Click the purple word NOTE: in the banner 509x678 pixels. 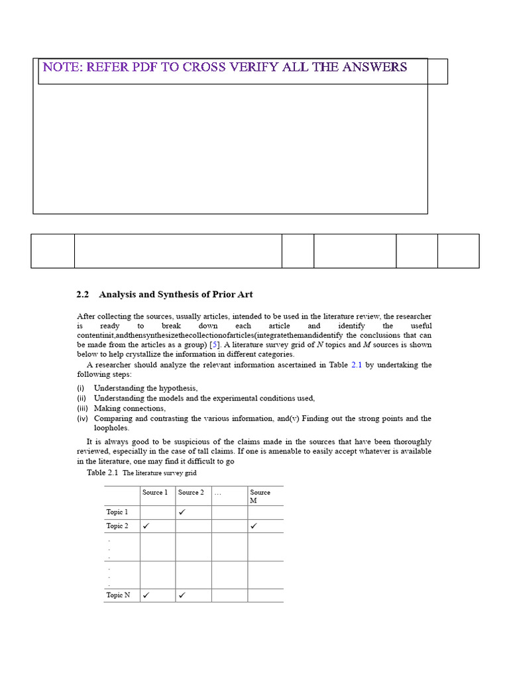62,67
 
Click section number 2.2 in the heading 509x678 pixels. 83,294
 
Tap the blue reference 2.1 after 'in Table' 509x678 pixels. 358,365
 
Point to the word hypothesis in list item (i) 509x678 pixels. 178,388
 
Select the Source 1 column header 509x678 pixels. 155,493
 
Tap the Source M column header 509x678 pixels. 260,496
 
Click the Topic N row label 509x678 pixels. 118,595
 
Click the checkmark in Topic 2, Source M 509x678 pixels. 253,526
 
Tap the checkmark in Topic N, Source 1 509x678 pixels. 146,595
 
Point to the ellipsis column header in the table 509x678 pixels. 218,493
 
